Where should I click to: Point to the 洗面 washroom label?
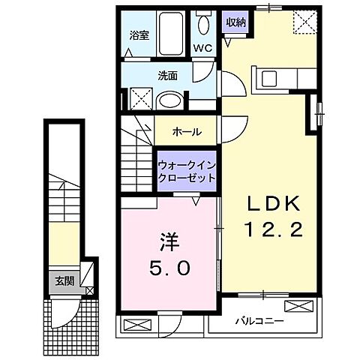tap(166, 75)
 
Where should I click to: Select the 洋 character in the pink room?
tap(166, 243)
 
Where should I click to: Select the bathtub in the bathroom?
tap(172, 34)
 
